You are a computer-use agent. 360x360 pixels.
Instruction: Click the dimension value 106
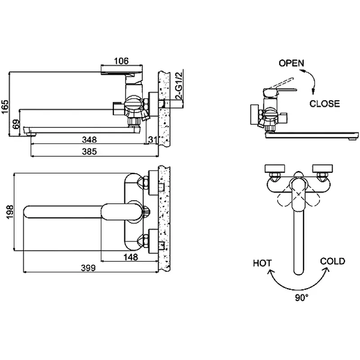pyautogui.click(x=121, y=61)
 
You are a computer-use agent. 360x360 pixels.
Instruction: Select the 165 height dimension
pyautogui.click(x=5, y=107)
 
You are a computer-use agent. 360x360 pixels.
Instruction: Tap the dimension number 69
pyautogui.click(x=16, y=124)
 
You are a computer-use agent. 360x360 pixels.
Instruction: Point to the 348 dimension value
pyautogui.click(x=89, y=139)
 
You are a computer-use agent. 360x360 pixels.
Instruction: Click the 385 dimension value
pyautogui.click(x=89, y=152)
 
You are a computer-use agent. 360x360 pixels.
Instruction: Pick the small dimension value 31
pyautogui.click(x=153, y=139)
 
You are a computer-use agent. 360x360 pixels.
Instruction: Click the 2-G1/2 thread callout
pyautogui.click(x=179, y=85)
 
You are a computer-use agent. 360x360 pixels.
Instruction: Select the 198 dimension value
pyautogui.click(x=10, y=212)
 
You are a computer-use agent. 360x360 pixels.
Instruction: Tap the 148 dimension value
pyautogui.click(x=130, y=257)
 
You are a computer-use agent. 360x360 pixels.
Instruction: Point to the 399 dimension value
pyautogui.click(x=88, y=268)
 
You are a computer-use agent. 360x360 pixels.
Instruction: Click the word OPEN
pyautogui.click(x=291, y=63)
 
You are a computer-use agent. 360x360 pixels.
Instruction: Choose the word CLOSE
pyautogui.click(x=324, y=103)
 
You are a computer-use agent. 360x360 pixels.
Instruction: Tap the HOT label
pyautogui.click(x=262, y=263)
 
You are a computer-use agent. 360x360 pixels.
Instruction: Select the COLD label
pyautogui.click(x=333, y=261)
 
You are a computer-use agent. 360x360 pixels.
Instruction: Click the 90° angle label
pyautogui.click(x=301, y=298)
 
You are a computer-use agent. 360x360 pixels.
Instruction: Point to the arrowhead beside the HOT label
pyautogui.click(x=271, y=272)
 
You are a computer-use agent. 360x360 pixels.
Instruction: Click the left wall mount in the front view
pyautogui.click(x=275, y=168)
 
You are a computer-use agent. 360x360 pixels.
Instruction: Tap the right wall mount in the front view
pyautogui.click(x=323, y=168)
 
